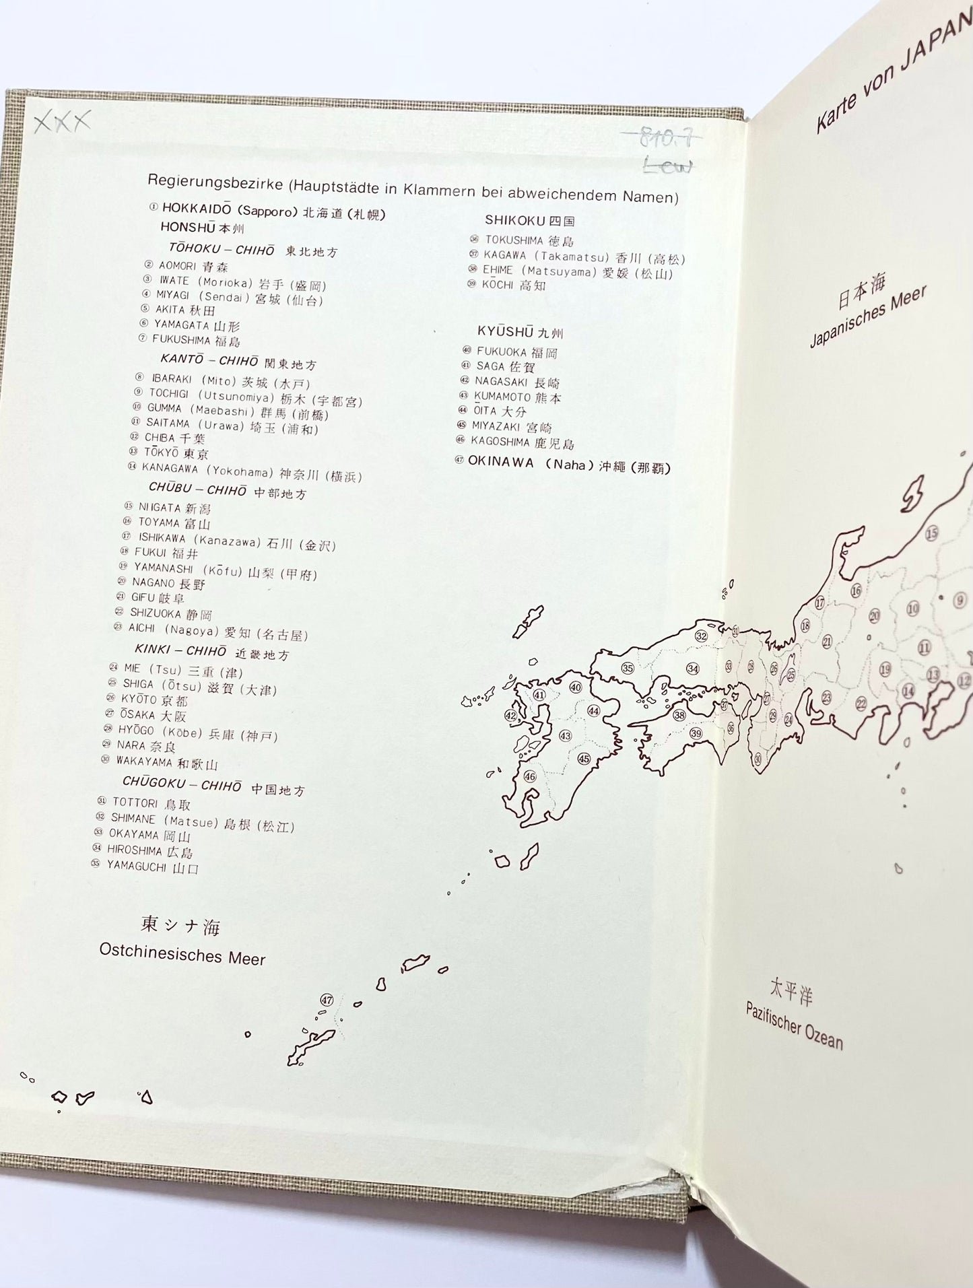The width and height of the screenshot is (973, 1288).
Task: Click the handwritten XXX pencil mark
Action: (62, 123)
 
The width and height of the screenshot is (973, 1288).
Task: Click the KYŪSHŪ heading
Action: (506, 331)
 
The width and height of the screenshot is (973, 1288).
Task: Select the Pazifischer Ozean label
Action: (794, 1025)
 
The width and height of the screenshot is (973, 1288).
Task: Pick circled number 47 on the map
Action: (327, 1000)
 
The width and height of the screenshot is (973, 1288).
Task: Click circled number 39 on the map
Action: (696, 733)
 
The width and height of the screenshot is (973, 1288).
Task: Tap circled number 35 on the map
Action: (628, 668)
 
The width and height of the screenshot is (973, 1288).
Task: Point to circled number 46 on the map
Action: (530, 776)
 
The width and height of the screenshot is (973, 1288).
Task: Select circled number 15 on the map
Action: (931, 534)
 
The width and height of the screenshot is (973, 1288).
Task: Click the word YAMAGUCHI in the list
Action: (137, 867)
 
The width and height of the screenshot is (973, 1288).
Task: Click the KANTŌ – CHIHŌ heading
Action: (209, 360)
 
